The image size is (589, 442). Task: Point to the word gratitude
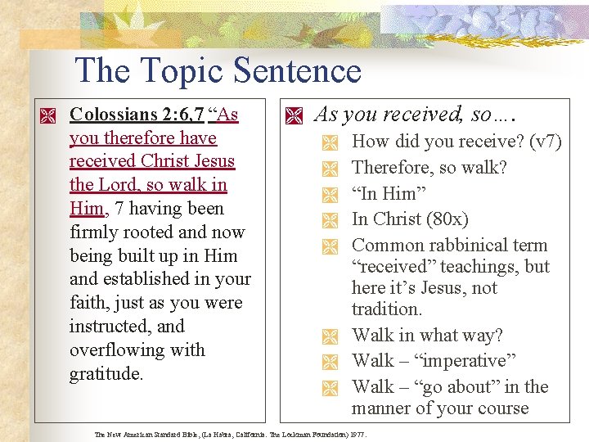click(x=106, y=374)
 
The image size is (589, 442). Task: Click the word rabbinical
click(x=461, y=246)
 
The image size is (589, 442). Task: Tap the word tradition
click(x=387, y=309)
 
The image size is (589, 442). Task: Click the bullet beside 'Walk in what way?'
click(x=330, y=336)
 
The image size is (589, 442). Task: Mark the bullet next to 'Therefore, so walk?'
click(x=330, y=169)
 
